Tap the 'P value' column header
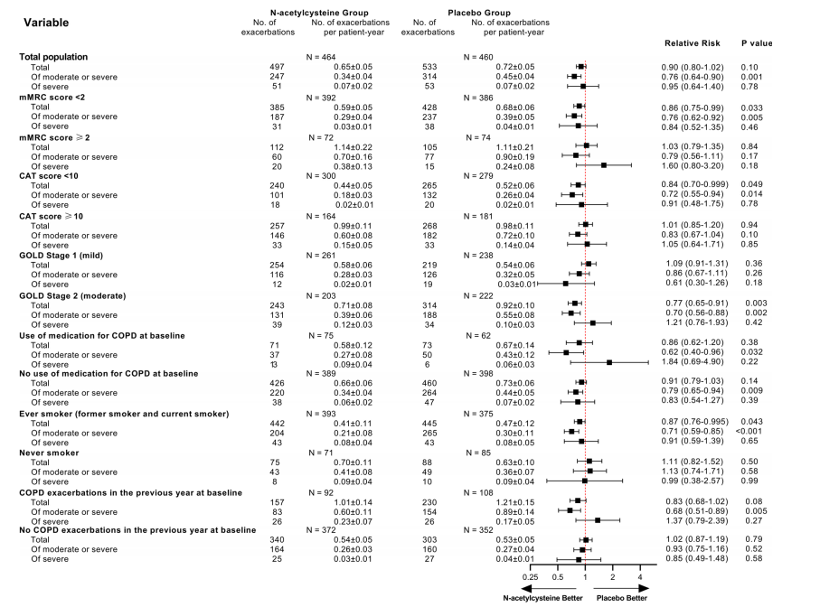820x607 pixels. [x=757, y=42]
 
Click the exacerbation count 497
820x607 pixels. [x=277, y=67]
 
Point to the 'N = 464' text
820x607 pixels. [x=325, y=57]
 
